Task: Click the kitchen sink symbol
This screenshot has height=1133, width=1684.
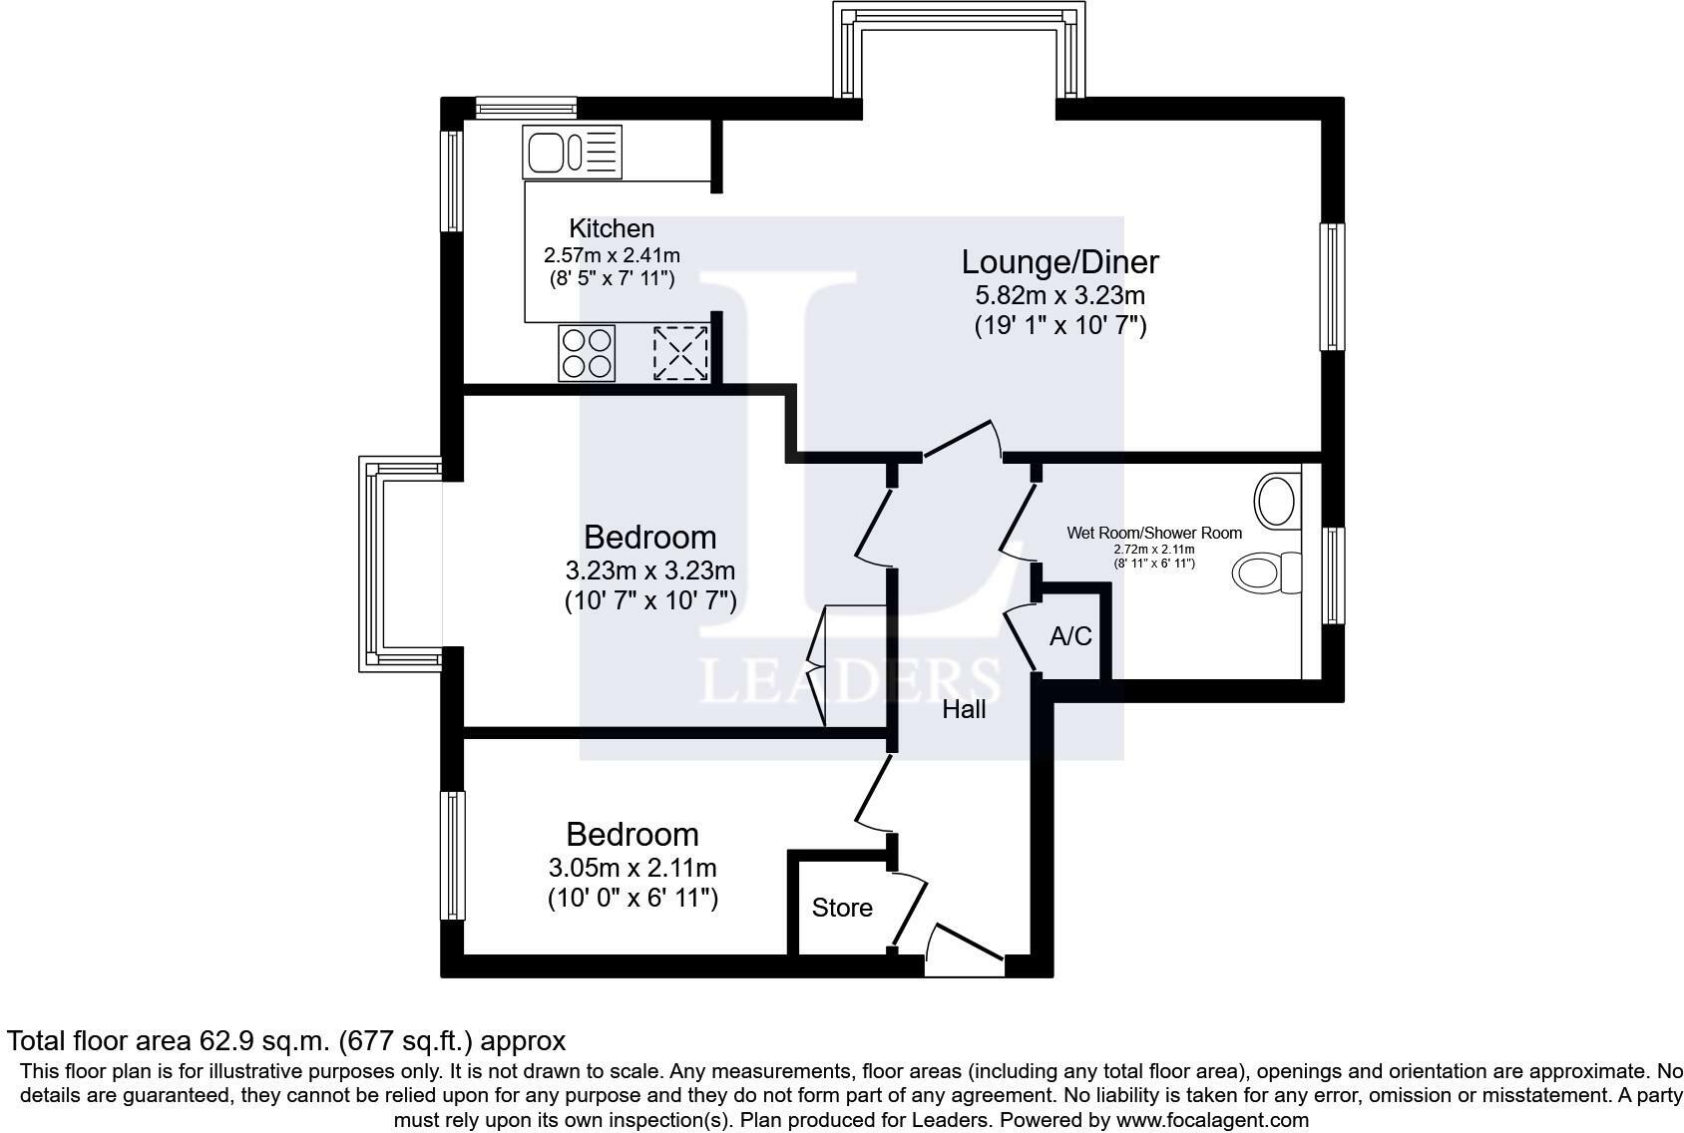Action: coord(572,152)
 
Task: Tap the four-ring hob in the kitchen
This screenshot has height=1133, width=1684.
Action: coord(587,353)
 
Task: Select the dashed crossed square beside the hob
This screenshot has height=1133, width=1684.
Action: coord(680,353)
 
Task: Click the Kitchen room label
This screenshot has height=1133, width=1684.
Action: coord(612,227)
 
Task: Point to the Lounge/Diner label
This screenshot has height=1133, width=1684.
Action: coord(1060,262)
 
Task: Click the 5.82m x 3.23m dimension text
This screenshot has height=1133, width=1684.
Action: coord(1060,294)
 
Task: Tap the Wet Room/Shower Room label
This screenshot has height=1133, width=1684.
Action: coord(1154,533)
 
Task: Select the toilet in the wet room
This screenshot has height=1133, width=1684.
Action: coord(1267,572)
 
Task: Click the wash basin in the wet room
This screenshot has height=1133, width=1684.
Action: coord(1277,501)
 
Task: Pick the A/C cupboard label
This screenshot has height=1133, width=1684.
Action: coord(1070,636)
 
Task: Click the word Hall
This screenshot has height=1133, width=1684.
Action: coord(964,709)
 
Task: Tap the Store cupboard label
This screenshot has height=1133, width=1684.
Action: coord(842,909)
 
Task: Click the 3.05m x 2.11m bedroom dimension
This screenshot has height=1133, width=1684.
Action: coord(632,869)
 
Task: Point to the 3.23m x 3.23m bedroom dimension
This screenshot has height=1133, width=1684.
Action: coord(650,570)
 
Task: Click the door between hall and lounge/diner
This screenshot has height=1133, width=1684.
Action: coord(963,439)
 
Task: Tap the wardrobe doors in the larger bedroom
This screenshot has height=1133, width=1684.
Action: coord(816,666)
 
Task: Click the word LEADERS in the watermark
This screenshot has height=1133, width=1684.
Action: coord(850,681)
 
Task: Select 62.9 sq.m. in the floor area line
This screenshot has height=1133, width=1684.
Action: coord(264,1042)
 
